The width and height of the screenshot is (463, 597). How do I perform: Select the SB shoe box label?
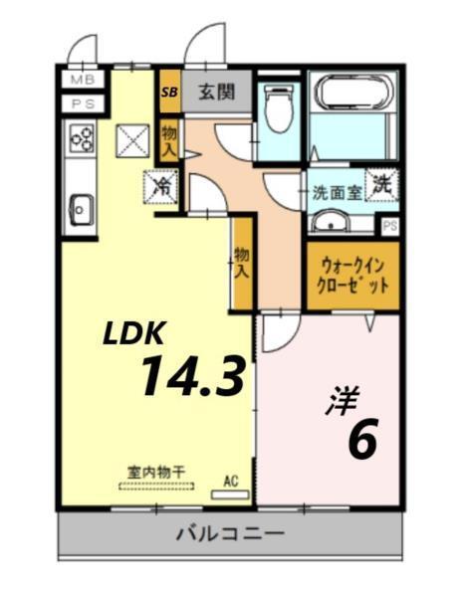(170, 93)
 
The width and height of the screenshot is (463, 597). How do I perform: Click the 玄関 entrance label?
(215, 93)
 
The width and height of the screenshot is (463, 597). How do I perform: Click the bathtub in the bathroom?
(354, 95)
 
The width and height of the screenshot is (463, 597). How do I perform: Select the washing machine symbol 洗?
(382, 184)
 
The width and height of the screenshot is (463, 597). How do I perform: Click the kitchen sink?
(80, 210)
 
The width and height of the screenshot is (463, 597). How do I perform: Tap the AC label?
(231, 481)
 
